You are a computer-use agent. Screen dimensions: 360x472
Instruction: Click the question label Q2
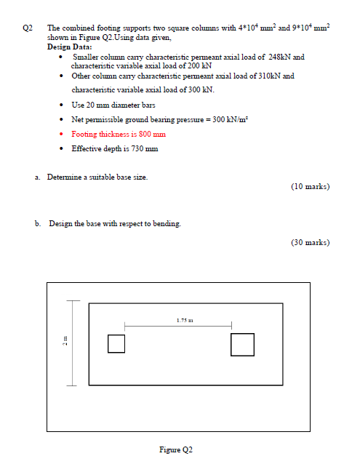28,28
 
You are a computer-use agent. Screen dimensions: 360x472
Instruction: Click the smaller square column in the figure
116,343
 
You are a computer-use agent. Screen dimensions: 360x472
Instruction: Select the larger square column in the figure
242,343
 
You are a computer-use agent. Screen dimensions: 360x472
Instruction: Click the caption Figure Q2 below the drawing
175,450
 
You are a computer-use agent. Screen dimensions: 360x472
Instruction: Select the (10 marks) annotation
310,187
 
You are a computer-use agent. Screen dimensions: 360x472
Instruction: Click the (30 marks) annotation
310,242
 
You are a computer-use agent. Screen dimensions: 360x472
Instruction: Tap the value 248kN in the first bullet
280,56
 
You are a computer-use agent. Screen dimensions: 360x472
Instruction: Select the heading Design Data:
69,47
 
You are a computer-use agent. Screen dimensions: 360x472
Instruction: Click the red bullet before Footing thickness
62,134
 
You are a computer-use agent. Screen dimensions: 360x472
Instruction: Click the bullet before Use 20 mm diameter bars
62,105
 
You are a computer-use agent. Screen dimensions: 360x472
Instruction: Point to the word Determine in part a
65,177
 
